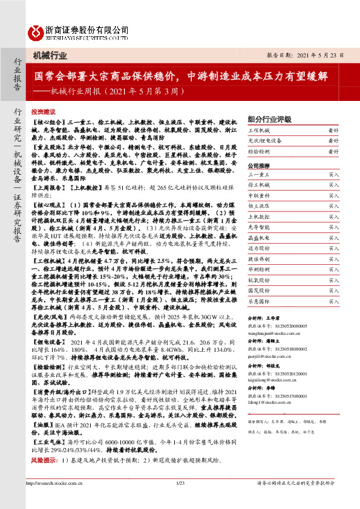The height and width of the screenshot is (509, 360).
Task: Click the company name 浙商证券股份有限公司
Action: (87, 30)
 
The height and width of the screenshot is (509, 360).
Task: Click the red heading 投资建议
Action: (43, 112)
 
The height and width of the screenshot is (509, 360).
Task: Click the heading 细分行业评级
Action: (270, 118)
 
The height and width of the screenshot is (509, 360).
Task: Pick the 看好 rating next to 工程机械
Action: (333, 131)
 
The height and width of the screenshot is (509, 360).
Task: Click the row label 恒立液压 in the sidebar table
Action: (260, 206)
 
